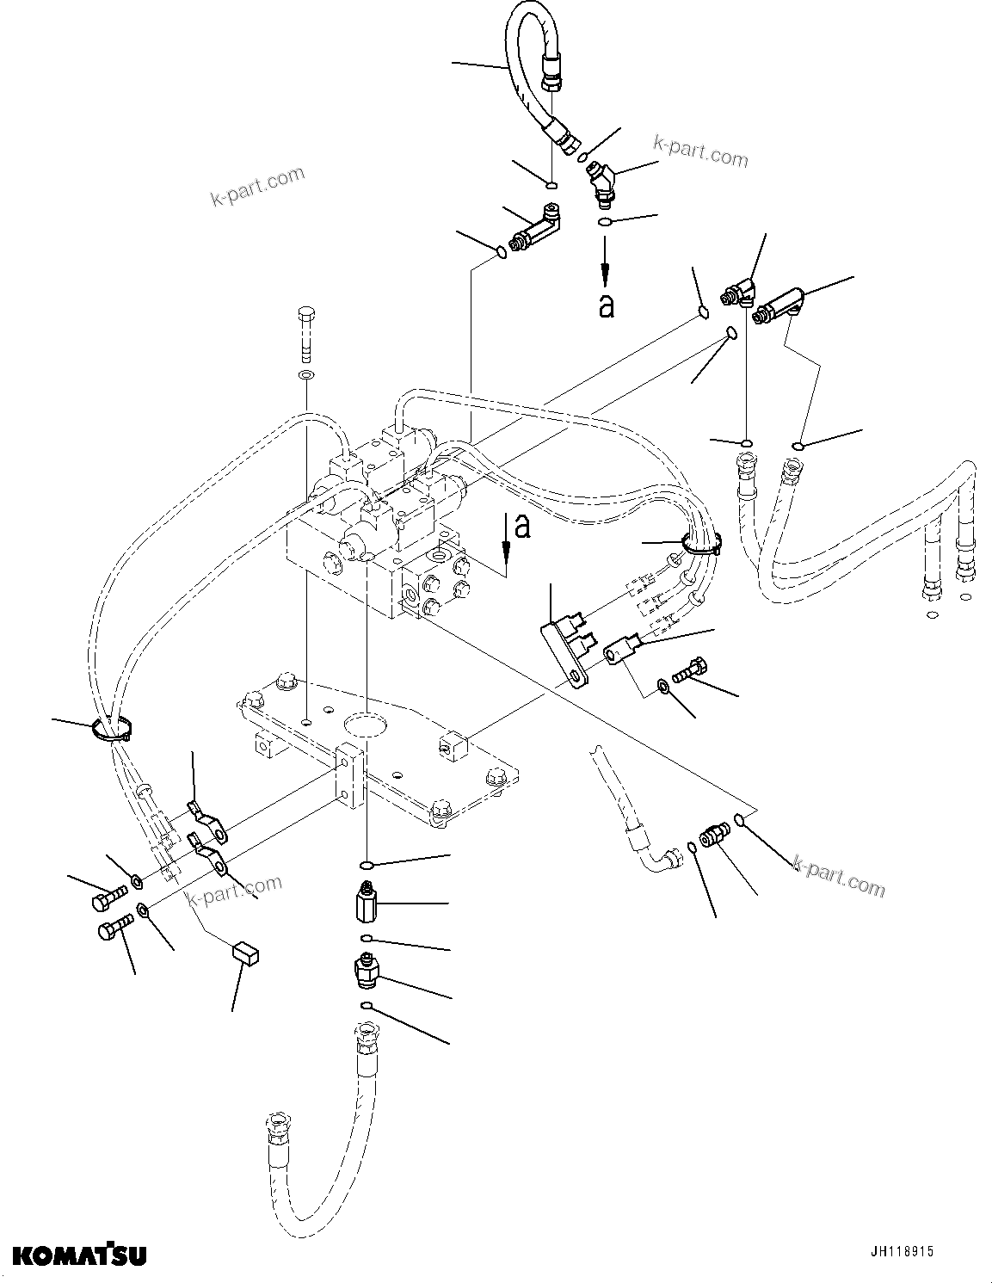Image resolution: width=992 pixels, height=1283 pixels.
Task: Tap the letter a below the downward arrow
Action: pos(607,305)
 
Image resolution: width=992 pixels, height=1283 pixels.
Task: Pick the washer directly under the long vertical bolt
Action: pos(305,376)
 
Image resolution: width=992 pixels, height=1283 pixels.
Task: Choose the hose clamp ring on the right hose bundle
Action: pos(700,542)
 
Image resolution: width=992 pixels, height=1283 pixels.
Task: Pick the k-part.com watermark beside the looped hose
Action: pos(700,151)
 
